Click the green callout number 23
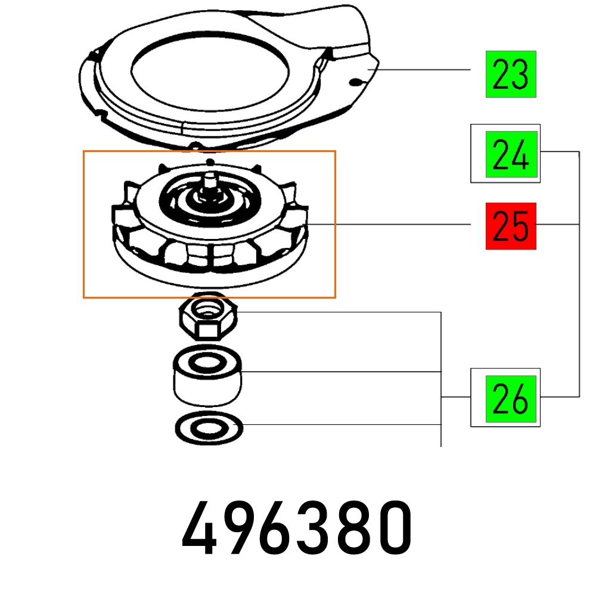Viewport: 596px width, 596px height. (x=511, y=74)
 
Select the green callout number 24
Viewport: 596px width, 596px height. (x=511, y=154)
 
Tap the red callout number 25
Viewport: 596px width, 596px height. (x=511, y=226)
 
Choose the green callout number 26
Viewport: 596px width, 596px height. (x=511, y=399)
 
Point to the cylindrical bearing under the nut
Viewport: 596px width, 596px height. (x=207, y=375)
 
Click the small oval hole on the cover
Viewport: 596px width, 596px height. (x=355, y=82)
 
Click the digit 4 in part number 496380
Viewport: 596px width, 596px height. (x=200, y=527)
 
